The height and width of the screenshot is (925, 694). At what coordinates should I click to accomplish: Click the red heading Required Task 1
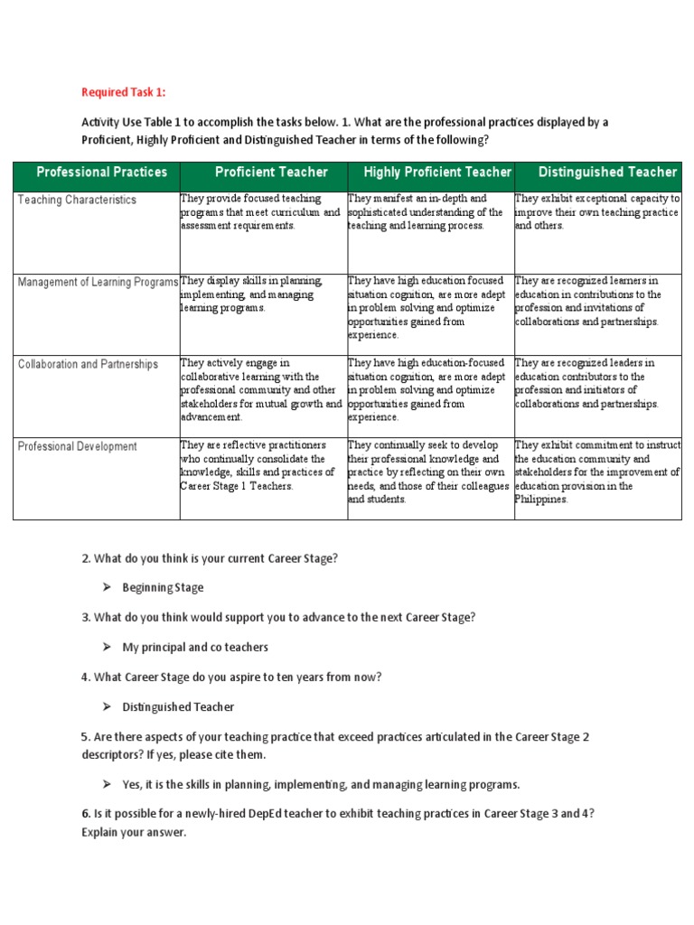pyautogui.click(x=124, y=91)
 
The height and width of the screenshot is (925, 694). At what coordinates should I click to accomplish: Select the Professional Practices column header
pyautogui.click(x=101, y=172)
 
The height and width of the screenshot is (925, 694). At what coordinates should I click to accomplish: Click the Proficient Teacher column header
pyautogui.click(x=271, y=172)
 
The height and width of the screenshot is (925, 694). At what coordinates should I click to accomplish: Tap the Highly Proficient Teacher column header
pyautogui.click(x=437, y=172)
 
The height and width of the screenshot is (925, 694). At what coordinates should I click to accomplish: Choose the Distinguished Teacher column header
pyautogui.click(x=607, y=172)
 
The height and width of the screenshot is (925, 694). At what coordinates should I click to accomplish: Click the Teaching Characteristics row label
pyautogui.click(x=77, y=200)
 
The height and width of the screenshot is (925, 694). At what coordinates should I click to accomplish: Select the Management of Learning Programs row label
pyautogui.click(x=98, y=283)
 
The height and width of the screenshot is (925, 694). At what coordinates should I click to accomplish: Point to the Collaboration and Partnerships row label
pyautogui.click(x=88, y=365)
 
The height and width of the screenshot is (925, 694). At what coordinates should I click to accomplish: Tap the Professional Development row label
pyautogui.click(x=78, y=446)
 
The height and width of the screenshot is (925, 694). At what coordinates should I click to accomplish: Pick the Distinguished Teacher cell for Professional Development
pyautogui.click(x=596, y=472)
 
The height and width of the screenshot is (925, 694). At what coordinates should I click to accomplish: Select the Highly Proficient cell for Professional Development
pyautogui.click(x=428, y=472)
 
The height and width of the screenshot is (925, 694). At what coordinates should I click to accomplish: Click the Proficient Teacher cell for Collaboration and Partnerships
pyautogui.click(x=261, y=390)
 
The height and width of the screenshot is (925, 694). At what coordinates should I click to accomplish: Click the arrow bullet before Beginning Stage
pyautogui.click(x=106, y=588)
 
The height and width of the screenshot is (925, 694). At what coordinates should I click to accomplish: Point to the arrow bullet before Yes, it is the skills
pyautogui.click(x=106, y=784)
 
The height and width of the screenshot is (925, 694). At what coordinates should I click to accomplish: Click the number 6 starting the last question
pyautogui.click(x=85, y=813)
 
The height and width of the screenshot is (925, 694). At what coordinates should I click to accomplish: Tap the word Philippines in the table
pyautogui.click(x=541, y=500)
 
